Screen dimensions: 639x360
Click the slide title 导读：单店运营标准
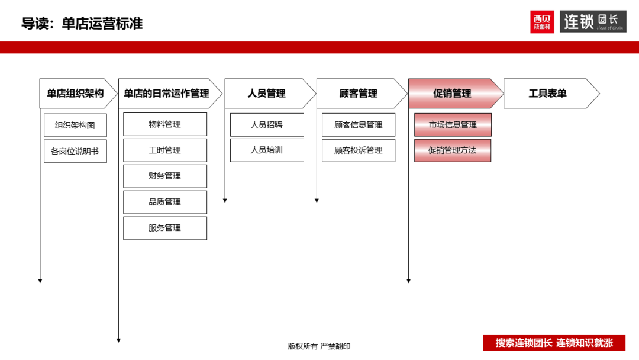(x=82, y=24)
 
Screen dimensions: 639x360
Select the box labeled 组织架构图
(x=75, y=125)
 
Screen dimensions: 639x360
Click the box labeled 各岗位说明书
(x=75, y=151)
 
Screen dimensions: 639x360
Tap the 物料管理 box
(x=165, y=124)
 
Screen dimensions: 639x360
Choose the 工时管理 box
(x=165, y=150)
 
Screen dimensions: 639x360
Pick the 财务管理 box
(x=165, y=176)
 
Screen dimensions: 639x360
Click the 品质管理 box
(x=165, y=202)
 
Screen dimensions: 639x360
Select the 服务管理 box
(x=165, y=228)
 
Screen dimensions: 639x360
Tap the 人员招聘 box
(x=267, y=125)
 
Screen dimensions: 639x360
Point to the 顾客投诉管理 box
(x=359, y=150)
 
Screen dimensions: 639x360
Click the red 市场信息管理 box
(x=453, y=125)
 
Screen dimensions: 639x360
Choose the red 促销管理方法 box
(x=453, y=150)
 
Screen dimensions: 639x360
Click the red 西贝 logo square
(x=542, y=21)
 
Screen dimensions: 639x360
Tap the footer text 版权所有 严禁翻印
(x=319, y=346)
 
